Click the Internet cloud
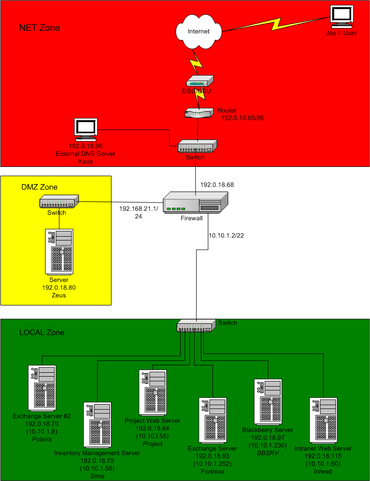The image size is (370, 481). pyautogui.click(x=198, y=32)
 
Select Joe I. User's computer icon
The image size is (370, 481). pyautogui.click(x=342, y=18)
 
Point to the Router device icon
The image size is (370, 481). pyautogui.click(x=198, y=113)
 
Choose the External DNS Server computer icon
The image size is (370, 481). pyautogui.click(x=86, y=129)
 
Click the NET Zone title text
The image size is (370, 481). pyautogui.click(x=39, y=27)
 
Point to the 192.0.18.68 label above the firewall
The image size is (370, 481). pyautogui.click(x=217, y=184)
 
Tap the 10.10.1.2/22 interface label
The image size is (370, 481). pyautogui.click(x=227, y=236)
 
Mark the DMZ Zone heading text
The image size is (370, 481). pyautogui.click(x=39, y=187)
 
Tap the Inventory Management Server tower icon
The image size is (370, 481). pyautogui.click(x=97, y=425)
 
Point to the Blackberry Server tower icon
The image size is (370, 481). pyautogui.click(x=268, y=402)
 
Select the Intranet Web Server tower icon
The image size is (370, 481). pyautogui.click(x=322, y=420)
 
